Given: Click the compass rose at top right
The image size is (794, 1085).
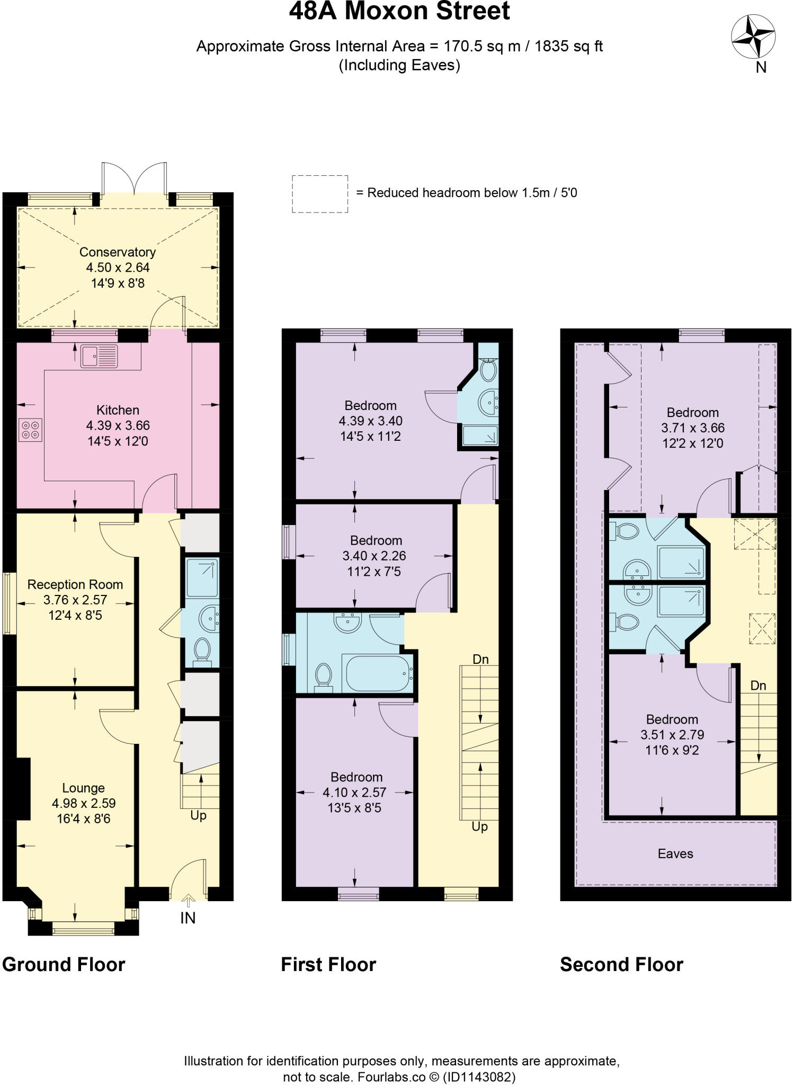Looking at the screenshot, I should [x=753, y=38].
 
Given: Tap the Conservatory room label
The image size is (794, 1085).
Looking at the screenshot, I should [x=118, y=252].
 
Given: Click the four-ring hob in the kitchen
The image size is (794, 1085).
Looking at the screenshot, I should [x=30, y=430].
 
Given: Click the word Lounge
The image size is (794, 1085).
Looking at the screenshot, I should [x=83, y=788].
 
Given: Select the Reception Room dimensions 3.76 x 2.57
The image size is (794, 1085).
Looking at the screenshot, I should [x=75, y=600].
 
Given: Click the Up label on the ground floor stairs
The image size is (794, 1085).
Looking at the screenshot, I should [x=199, y=815].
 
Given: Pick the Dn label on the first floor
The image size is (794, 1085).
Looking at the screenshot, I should [x=480, y=659].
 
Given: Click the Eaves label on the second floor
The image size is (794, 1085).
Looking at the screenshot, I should [x=675, y=853].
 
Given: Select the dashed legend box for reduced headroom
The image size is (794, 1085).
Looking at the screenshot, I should [x=320, y=194].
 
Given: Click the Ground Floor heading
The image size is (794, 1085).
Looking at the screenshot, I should [x=64, y=964].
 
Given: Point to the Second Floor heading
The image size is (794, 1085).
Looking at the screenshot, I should [x=621, y=964].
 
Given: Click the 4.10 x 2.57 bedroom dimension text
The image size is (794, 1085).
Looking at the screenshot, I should [x=354, y=793].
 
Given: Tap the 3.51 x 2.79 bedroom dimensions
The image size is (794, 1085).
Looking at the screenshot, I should [x=672, y=735].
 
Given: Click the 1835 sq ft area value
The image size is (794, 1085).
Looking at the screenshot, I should [x=568, y=47].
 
